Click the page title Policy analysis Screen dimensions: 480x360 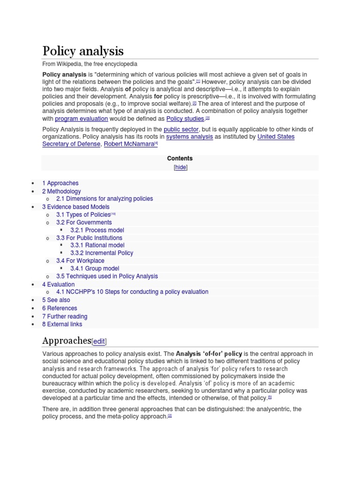83,51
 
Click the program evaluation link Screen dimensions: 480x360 81,119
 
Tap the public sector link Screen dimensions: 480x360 181,129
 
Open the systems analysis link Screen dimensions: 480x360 189,137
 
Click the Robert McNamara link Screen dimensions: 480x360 129,144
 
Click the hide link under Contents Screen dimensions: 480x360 180,167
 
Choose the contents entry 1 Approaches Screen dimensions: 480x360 60,183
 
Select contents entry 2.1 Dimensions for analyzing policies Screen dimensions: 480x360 104,199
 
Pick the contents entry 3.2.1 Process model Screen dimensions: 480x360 97,230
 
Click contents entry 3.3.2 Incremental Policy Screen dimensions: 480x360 102,253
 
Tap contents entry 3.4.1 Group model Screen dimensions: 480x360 95,269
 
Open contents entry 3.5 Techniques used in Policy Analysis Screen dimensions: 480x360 107,277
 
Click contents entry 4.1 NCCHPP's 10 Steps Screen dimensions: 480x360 132,292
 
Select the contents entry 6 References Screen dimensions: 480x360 60,308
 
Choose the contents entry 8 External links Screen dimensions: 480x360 62,324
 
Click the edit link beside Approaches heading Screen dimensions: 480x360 102,342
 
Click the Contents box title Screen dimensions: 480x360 180,158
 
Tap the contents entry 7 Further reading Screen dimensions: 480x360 65,317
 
